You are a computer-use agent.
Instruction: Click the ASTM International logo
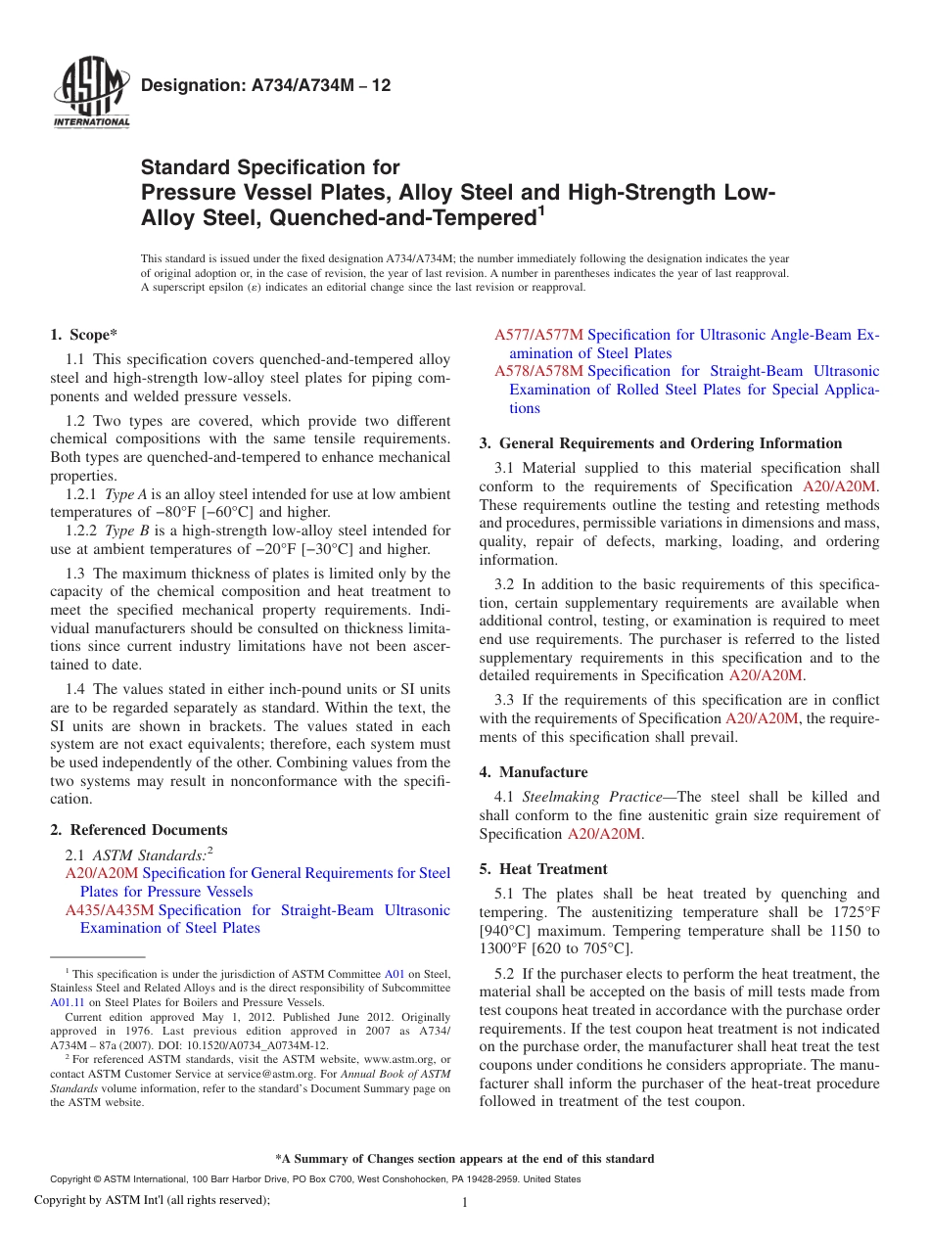click(x=90, y=94)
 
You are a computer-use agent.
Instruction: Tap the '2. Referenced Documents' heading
click(x=139, y=830)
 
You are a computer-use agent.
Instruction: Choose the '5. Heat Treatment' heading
click(x=543, y=869)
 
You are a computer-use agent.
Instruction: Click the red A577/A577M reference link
click(x=538, y=335)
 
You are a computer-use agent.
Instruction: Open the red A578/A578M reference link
click(x=538, y=371)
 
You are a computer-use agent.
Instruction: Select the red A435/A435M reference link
click(x=110, y=910)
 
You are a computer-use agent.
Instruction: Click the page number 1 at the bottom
click(x=466, y=1204)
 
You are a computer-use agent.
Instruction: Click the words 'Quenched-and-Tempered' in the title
click(x=423, y=217)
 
